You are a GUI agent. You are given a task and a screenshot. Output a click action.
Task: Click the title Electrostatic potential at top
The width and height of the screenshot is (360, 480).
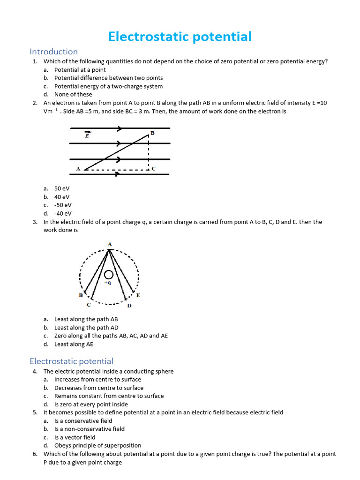[180, 37]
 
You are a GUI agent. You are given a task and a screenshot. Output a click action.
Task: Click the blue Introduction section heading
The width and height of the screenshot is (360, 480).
[53, 52]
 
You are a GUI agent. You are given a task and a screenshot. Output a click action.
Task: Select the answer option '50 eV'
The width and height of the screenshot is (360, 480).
[62, 188]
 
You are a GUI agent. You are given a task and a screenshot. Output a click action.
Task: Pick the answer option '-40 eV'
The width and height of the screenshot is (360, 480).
[63, 213]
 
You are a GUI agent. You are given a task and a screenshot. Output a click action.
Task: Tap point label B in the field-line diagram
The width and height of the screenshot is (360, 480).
[152, 133]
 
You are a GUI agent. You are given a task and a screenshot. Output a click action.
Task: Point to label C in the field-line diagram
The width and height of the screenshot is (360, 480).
[153, 168]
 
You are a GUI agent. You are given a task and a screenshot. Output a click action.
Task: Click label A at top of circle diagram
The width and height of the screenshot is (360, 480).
[109, 244]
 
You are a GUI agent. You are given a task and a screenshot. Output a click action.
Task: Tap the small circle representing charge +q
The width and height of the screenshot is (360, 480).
[109, 275]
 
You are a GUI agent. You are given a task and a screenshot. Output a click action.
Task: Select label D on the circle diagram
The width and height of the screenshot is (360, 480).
[129, 306]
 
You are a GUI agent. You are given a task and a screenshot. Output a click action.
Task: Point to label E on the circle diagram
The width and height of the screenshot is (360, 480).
[138, 295]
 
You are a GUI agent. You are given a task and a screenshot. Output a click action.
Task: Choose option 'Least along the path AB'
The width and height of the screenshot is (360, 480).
[86, 319]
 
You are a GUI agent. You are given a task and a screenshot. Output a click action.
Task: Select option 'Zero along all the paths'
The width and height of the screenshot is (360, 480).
[111, 336]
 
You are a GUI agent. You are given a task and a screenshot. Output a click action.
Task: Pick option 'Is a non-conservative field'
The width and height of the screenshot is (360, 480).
[89, 429]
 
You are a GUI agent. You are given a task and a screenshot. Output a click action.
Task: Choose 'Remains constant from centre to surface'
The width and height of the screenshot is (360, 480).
[109, 396]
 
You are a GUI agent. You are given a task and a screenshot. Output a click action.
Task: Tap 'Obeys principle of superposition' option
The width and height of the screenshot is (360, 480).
[97, 445]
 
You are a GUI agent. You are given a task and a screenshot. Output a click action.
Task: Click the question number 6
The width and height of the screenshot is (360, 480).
[35, 454]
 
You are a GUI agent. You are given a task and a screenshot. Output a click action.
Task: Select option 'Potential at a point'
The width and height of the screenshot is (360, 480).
[80, 70]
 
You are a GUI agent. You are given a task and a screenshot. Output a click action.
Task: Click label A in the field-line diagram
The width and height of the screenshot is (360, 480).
[78, 168]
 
